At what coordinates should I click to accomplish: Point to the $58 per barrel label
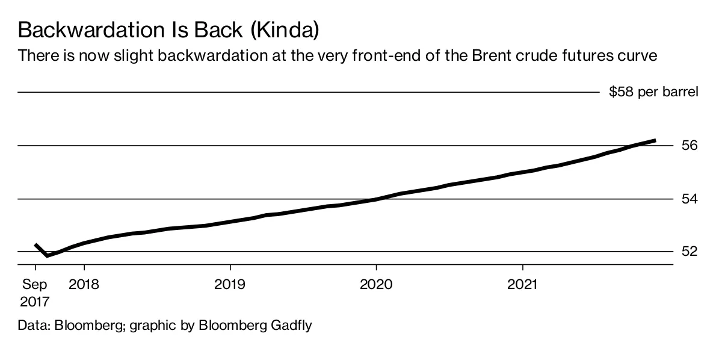[653, 93]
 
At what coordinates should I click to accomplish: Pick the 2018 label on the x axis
[84, 284]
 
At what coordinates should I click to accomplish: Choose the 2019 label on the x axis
[230, 284]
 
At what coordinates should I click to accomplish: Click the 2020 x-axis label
[377, 284]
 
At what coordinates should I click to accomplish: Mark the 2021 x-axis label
[523, 284]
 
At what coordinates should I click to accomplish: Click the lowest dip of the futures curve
[48, 255]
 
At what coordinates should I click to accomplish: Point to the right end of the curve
[655, 140]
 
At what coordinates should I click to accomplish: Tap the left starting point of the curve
[35, 244]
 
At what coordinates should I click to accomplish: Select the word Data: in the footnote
[34, 326]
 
